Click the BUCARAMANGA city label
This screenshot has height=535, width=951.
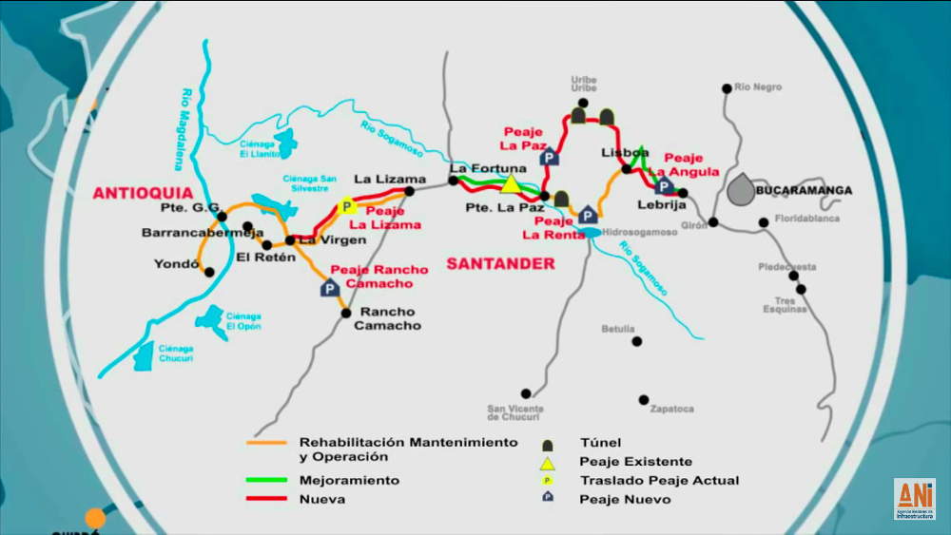pyautogui.click(x=804, y=190)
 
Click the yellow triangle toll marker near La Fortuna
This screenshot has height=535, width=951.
pyautogui.click(x=511, y=183)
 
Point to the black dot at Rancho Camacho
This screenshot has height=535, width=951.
pyautogui.click(x=346, y=313)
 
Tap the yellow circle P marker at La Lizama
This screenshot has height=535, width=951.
pyautogui.click(x=346, y=206)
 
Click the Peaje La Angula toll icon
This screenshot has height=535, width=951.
pyautogui.click(x=665, y=185)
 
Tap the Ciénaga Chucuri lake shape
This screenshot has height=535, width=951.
pyautogui.click(x=145, y=357)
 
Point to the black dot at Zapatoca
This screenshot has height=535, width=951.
pyautogui.click(x=644, y=400)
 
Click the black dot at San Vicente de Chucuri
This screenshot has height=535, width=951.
pyautogui.click(x=525, y=393)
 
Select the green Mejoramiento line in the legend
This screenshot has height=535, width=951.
pyautogui.click(x=269, y=480)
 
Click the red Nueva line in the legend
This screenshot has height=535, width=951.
pyautogui.click(x=269, y=499)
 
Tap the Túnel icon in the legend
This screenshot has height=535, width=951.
pyautogui.click(x=547, y=444)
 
